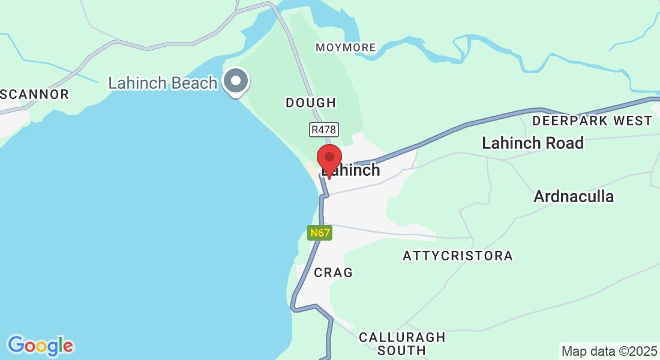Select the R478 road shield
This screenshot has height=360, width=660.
point(324,129)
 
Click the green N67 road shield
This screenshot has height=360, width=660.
point(320,233)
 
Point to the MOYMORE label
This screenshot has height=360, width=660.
point(346,47)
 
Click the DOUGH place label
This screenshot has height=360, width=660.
point(311,103)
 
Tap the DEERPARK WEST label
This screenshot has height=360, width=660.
point(592,121)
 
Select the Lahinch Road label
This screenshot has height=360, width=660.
point(533,143)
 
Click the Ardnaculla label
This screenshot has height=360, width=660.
point(574,196)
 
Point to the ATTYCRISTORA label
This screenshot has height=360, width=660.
point(458,256)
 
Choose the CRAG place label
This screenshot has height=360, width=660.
point(334,272)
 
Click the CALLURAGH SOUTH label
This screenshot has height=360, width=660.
point(402,343)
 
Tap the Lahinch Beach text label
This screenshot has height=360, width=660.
point(163,83)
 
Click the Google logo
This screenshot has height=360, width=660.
point(40,346)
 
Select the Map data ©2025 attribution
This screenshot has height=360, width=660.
point(609,350)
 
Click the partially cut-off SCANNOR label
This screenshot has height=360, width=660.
point(35,94)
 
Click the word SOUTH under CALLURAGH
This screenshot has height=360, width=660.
point(402,350)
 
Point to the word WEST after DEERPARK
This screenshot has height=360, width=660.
point(628,121)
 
